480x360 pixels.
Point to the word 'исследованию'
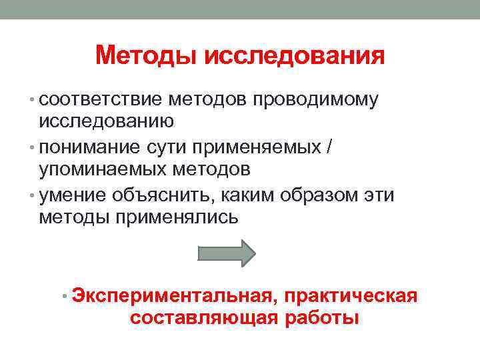[107, 121]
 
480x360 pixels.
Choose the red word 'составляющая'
[204, 318]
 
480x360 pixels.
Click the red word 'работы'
[322, 318]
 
